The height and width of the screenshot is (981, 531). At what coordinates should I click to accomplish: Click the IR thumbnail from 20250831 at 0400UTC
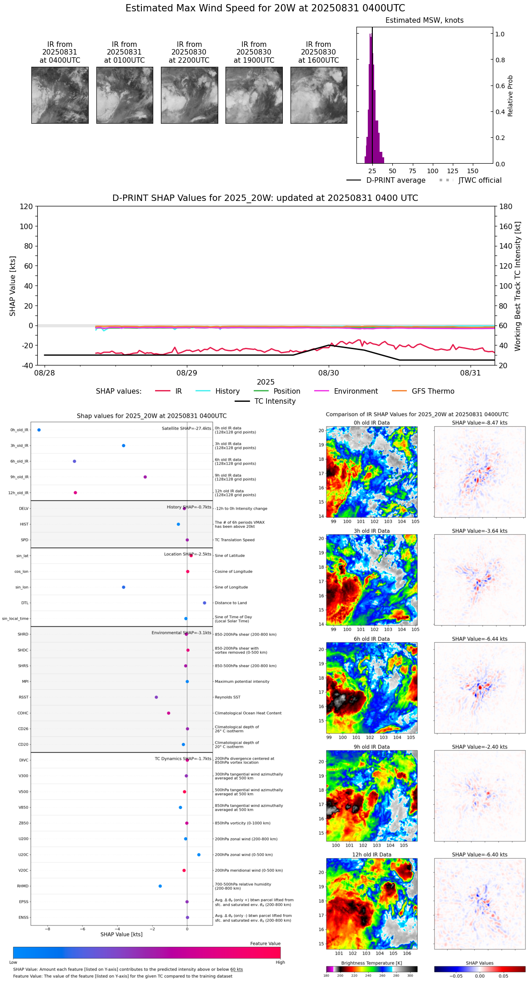tap(60, 95)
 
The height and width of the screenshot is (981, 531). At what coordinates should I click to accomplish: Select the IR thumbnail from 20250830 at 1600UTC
tap(319, 95)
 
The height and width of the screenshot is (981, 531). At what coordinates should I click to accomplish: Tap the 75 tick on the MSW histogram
tap(412, 171)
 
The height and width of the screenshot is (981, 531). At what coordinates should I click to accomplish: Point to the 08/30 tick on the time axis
tap(329, 373)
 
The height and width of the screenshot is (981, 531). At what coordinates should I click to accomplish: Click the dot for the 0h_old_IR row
tap(39, 430)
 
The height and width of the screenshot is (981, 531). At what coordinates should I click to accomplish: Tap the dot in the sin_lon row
tap(124, 587)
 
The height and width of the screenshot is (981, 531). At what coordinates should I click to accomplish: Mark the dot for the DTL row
tap(205, 603)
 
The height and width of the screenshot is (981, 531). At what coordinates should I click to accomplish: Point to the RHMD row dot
tap(160, 886)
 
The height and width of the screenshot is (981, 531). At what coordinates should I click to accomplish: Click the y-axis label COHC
tap(23, 713)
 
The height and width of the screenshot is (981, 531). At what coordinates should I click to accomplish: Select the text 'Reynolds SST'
tap(227, 697)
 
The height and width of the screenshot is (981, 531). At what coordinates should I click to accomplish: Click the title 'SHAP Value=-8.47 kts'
tap(480, 423)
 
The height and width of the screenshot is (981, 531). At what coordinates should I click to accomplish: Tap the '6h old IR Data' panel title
tap(371, 639)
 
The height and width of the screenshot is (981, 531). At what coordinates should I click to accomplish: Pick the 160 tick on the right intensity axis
tap(506, 226)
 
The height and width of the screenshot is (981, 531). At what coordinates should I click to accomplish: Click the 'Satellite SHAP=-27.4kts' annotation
tap(186, 429)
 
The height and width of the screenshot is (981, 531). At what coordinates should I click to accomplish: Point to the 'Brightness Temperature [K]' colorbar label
tap(371, 963)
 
